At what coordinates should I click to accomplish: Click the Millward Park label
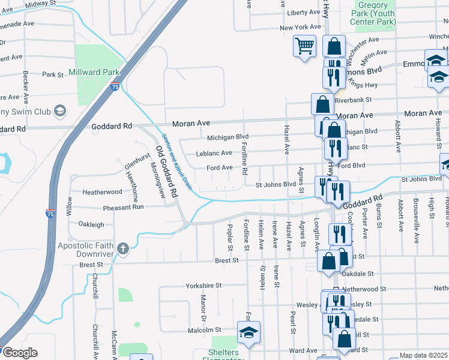pos(94,73)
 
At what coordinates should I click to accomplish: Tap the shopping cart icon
pos(304,46)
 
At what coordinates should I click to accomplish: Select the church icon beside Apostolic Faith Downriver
pos(123,249)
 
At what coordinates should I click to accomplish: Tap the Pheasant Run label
pos(123,207)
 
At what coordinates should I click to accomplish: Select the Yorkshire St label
pos(203,286)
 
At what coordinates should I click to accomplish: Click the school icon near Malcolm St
pos(249,332)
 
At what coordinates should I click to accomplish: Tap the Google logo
pos(19,353)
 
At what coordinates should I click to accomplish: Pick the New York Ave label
pos(300,28)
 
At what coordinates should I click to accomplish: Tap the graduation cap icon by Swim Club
pos(60,110)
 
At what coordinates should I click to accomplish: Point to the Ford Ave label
pos(218,168)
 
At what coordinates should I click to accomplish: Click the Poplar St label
pos(230,238)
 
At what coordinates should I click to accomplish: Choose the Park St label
pos(53,75)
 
